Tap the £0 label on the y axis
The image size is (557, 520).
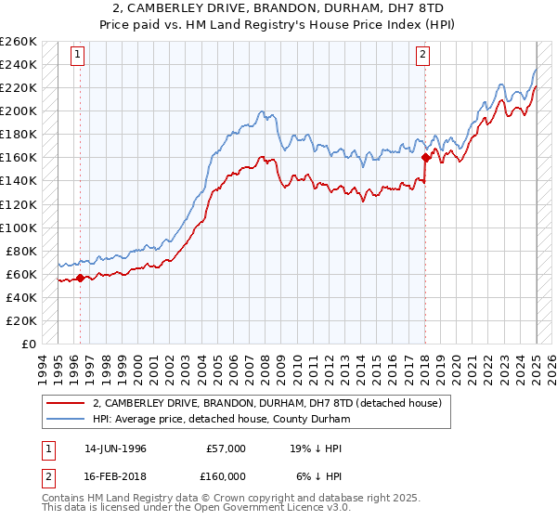pyautogui.click(x=28, y=344)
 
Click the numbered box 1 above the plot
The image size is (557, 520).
pyautogui.click(x=77, y=55)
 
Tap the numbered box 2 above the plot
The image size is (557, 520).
pyautogui.click(x=422, y=55)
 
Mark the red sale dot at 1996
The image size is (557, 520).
pyautogui.click(x=81, y=277)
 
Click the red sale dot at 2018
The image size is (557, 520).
pyautogui.click(x=425, y=157)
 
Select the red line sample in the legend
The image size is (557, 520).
pyautogui.click(x=66, y=403)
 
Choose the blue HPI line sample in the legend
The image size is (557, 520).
pyautogui.click(x=66, y=419)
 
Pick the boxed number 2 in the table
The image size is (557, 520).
pyautogui.click(x=46, y=475)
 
